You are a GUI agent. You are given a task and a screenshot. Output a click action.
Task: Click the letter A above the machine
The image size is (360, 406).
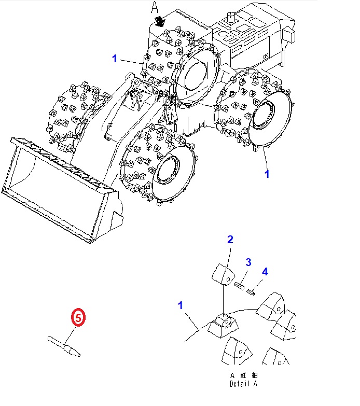coord(154,7)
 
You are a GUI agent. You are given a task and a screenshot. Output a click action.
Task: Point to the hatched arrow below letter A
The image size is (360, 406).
coord(160,21)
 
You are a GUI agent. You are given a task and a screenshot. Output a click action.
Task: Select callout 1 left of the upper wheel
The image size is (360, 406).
coord(115,59)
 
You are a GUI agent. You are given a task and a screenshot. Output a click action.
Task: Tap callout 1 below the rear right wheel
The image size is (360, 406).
coord(267,174)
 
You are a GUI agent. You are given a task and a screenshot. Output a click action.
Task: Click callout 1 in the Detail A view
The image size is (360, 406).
coord(181,305)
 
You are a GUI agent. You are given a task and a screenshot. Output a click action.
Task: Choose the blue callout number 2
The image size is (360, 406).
coord(230,240)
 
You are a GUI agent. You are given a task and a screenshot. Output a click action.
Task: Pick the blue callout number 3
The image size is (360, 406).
coord(248,262)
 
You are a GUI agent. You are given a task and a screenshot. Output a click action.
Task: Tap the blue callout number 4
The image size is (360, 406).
coord(265,271)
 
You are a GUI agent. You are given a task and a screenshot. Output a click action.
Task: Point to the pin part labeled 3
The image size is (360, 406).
coord(240,284)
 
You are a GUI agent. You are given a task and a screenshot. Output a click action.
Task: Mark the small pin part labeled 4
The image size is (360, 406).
coord(252,291)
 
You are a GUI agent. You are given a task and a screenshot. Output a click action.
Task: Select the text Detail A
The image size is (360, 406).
coord(243,384)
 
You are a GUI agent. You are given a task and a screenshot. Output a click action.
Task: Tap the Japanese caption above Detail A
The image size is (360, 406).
coord(243,375)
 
